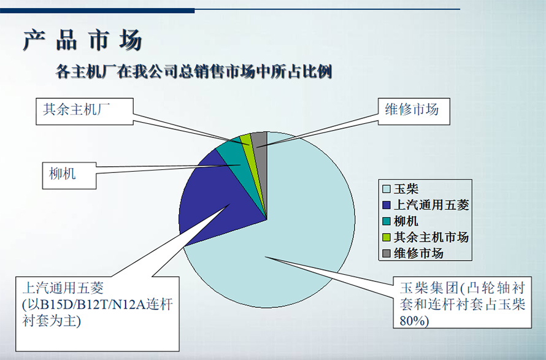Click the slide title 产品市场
(x=83, y=40)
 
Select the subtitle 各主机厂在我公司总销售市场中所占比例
(x=194, y=72)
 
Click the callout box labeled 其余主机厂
(x=85, y=112)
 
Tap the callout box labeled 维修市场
(x=414, y=112)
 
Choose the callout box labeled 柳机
(x=69, y=176)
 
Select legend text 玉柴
(x=406, y=189)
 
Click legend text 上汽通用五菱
(x=431, y=205)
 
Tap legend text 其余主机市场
(x=431, y=237)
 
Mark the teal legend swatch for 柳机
(x=386, y=221)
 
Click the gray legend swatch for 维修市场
(x=386, y=253)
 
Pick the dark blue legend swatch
(x=386, y=205)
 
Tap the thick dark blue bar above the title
(x=97, y=11)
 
